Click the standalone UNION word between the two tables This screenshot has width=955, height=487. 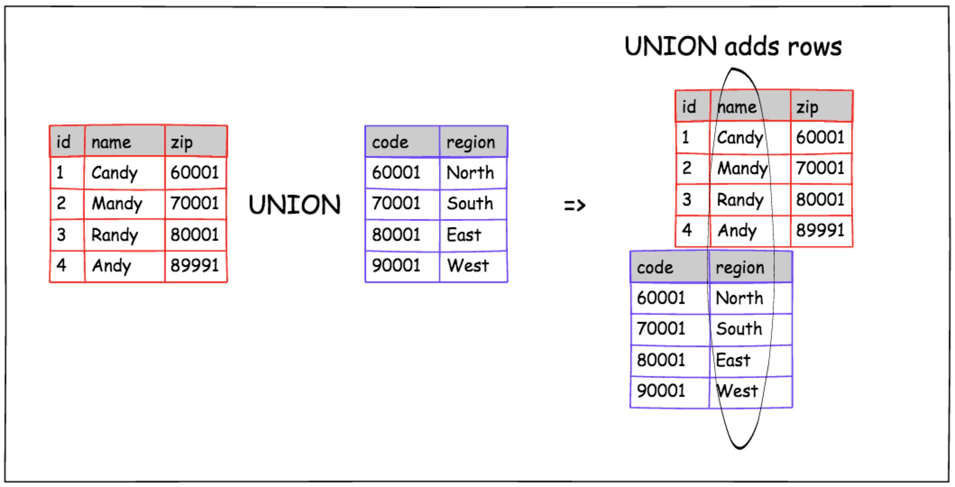coord(294,205)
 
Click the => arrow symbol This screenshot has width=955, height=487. coord(574,206)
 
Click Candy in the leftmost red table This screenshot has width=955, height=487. coord(114,173)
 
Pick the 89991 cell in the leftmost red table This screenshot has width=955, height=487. coord(194,265)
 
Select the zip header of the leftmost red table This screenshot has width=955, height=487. coord(181,142)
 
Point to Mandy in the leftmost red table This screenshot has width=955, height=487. coord(117,204)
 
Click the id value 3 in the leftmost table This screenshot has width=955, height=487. coord(61,234)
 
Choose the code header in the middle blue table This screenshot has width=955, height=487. coord(390,142)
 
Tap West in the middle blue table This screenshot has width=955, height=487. coord(468,266)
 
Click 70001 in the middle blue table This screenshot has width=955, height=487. coord(396,203)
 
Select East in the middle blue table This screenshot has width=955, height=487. coord(464,235)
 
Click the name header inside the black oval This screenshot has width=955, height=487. coord(737,107)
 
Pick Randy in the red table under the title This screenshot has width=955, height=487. coord(740,200)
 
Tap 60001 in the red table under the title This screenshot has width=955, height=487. coord(820,137)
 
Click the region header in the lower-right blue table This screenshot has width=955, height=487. coord(740,268)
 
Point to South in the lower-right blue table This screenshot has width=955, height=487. coord(739,329)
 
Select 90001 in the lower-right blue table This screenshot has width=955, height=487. coord(661,391)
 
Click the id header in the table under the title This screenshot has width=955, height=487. coord(689,107)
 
